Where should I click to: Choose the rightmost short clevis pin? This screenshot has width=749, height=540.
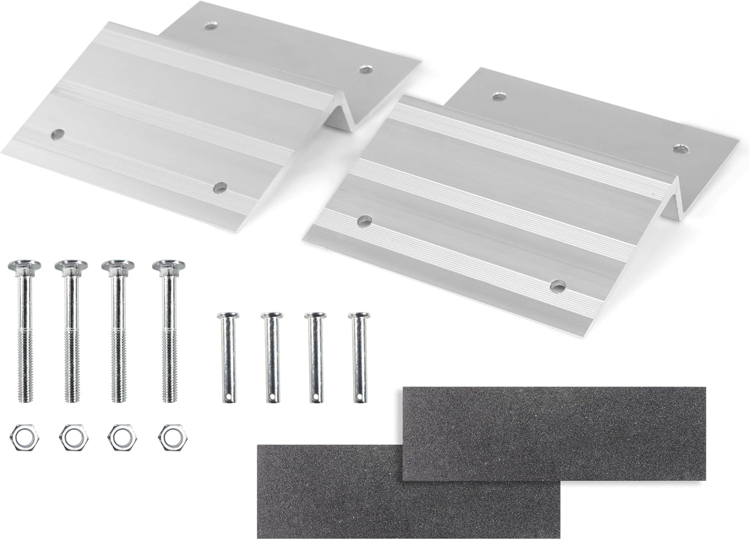point(358,355)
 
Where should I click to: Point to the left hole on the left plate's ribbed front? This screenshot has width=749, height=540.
point(58,134)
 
